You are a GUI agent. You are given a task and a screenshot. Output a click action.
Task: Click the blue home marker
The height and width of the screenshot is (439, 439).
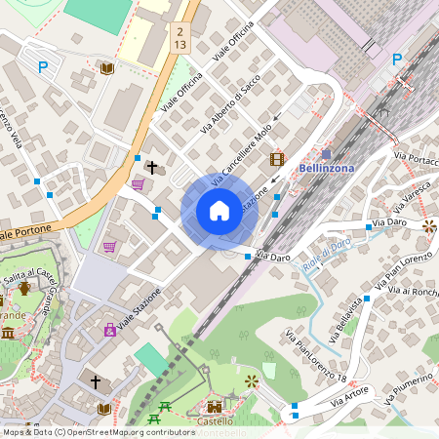pos(219,211)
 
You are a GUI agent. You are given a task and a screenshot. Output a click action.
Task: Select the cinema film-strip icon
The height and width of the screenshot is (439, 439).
pos(278,159)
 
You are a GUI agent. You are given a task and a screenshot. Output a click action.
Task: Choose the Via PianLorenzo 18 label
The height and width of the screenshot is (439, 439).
pos(315,357)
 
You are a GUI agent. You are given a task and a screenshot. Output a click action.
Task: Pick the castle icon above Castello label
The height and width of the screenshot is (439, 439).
pos(215,405)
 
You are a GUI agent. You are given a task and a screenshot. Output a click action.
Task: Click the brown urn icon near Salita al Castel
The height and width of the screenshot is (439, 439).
pos(24,289)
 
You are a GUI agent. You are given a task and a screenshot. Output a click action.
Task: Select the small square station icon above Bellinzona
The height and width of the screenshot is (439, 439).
pos(326,154)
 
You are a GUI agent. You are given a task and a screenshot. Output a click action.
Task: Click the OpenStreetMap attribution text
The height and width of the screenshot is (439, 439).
pos(98,431)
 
